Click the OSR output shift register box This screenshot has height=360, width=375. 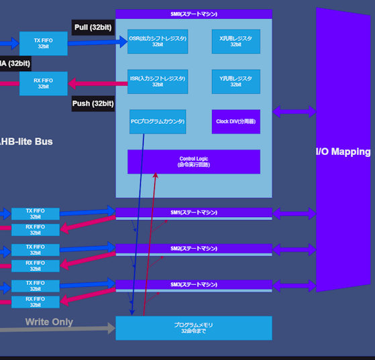tap(158, 42)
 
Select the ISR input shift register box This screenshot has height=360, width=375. tap(158, 81)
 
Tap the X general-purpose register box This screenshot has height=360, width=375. tap(235, 42)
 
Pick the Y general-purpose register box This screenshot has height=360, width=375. tap(235, 81)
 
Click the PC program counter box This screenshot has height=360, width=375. tap(158, 121)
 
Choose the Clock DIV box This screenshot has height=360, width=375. tap(235, 121)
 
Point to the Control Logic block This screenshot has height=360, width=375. tap(193, 162)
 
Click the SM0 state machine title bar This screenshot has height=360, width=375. tap(193, 13)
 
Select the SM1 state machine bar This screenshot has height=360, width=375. tap(193, 213)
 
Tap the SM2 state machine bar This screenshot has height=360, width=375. tap(193, 249)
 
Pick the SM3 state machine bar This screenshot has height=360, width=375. tap(193, 285)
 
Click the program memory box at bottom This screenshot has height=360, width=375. tap(193, 328)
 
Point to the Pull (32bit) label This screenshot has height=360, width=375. tap(92, 27)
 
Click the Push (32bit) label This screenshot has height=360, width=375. tap(93, 104)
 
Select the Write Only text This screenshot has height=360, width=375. tap(49, 322)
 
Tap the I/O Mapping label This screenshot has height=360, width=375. tap(343, 152)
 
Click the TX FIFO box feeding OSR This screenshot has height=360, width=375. tap(44, 44)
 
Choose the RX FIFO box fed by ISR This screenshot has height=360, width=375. tap(44, 83)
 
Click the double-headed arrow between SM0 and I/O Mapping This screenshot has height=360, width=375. tap(294, 111)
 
